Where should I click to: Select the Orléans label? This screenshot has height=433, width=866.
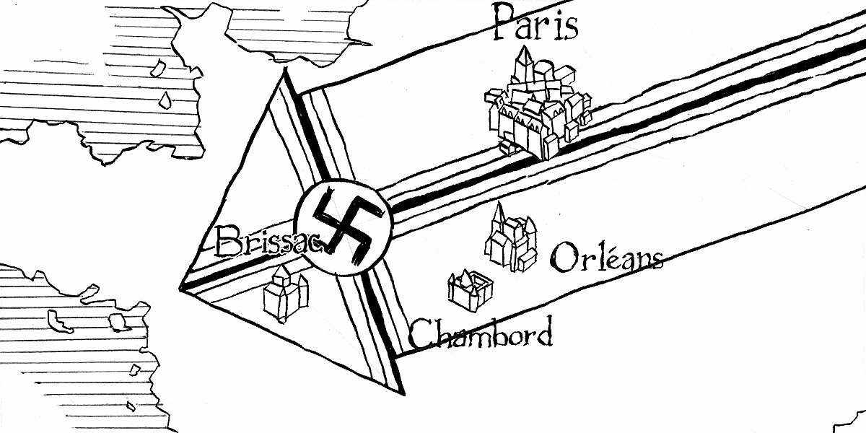pos(605,258)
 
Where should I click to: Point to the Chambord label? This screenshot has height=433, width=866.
pos(481,333)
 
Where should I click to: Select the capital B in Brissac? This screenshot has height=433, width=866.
pos(229,241)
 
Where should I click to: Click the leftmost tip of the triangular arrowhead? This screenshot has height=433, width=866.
pos(180,289)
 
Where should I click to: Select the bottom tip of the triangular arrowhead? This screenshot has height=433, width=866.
pos(403,394)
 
